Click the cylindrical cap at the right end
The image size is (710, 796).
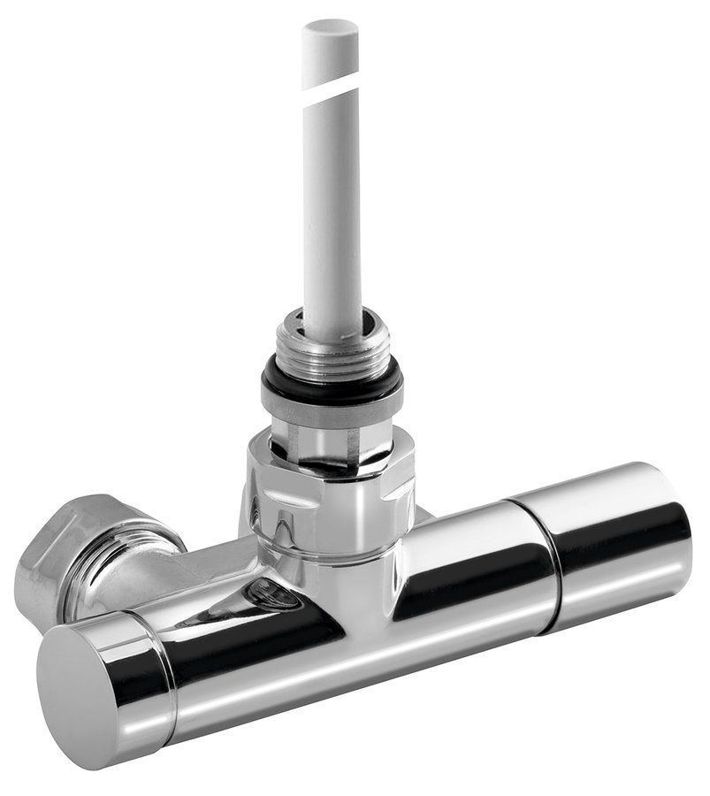point(619,540)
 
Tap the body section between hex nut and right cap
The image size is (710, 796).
point(469,575)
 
